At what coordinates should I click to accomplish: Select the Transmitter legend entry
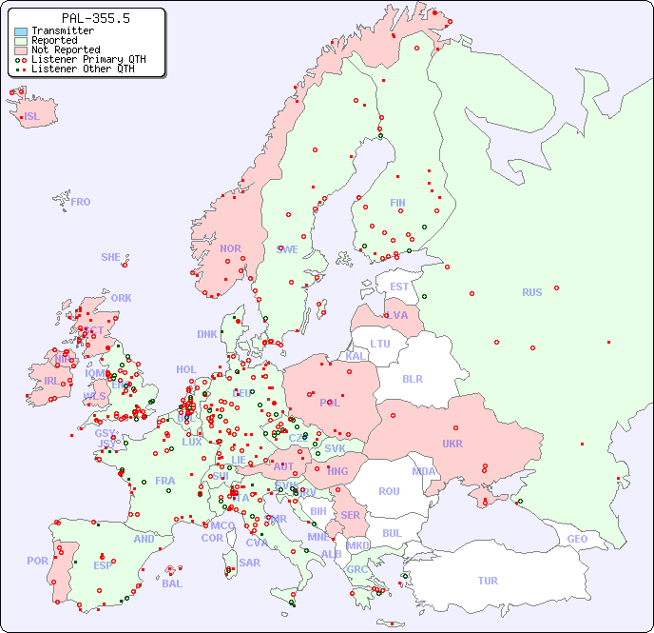tap(62, 30)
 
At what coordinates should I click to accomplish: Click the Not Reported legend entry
tap(66, 49)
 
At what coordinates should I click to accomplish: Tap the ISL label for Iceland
tap(32, 117)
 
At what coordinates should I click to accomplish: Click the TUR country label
tap(488, 581)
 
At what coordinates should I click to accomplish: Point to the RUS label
tap(531, 292)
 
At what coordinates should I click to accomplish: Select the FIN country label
tap(397, 203)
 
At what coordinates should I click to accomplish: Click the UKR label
tap(452, 444)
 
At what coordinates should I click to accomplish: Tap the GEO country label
tap(577, 539)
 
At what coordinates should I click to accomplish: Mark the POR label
tap(37, 561)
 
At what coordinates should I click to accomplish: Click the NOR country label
tap(230, 248)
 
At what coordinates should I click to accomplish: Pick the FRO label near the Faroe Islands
tap(81, 202)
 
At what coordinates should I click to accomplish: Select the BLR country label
tap(413, 378)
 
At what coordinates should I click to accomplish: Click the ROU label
tap(389, 491)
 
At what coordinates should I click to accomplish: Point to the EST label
tap(399, 287)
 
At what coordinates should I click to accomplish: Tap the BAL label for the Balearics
tap(172, 584)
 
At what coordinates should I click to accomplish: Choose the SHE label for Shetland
tap(111, 257)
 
